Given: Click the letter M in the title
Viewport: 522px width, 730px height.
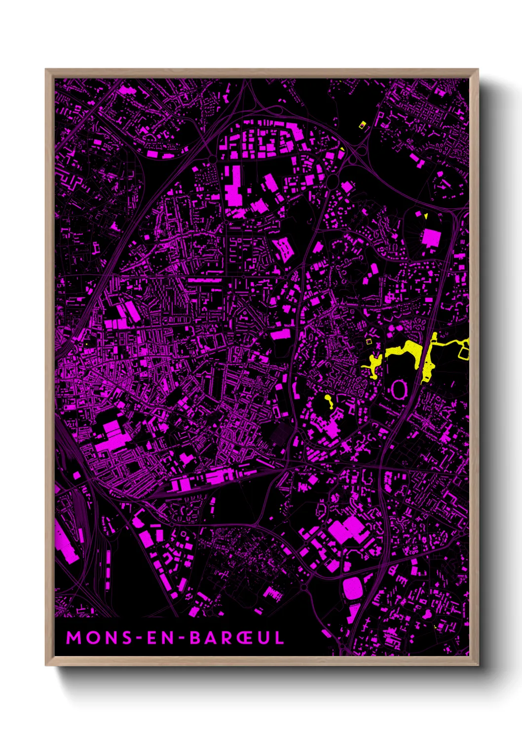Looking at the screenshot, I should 74,638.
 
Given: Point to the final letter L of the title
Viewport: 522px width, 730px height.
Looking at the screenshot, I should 279,638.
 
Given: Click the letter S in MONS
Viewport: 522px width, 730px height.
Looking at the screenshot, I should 127,638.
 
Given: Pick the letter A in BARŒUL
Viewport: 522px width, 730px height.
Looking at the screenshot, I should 211,638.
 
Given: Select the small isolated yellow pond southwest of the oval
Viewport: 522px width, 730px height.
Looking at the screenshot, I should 329,401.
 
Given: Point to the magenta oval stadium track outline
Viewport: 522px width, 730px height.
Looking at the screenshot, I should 398,390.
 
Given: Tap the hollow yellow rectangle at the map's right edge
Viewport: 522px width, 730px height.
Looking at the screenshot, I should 464,352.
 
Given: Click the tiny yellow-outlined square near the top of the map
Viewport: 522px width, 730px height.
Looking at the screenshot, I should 363,125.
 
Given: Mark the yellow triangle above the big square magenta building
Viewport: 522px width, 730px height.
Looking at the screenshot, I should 425,216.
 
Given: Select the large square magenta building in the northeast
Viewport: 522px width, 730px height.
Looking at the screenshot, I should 431,238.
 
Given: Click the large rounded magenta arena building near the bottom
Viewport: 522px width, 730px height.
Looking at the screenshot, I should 352,588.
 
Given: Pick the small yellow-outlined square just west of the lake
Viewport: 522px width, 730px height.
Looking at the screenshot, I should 368,341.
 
